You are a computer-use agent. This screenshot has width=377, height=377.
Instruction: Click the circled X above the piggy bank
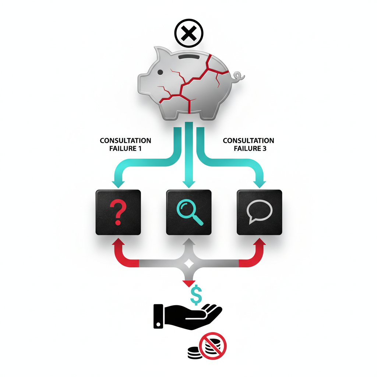(x=189, y=33)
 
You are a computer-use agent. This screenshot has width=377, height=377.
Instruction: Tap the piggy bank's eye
(x=160, y=72)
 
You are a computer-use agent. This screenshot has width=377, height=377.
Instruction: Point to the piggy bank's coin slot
(x=189, y=57)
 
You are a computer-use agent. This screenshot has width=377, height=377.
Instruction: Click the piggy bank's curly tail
(x=238, y=77)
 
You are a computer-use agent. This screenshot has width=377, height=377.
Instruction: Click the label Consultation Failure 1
(x=125, y=144)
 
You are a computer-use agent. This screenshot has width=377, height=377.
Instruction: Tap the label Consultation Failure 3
(x=249, y=144)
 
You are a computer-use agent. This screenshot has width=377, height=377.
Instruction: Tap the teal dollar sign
(x=196, y=295)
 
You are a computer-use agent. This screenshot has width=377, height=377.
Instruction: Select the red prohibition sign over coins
(x=213, y=346)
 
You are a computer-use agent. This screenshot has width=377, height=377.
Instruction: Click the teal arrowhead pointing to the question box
(x=118, y=184)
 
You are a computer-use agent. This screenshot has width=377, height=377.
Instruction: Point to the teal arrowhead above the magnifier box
(x=189, y=184)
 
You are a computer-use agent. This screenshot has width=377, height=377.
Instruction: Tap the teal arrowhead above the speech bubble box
(x=260, y=184)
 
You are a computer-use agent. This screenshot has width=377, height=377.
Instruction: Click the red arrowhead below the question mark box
(x=118, y=242)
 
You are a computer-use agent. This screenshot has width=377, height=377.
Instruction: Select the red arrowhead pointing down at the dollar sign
(x=189, y=283)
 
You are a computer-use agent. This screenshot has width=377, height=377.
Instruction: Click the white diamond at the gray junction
(x=189, y=264)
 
